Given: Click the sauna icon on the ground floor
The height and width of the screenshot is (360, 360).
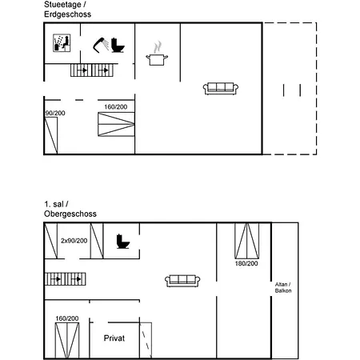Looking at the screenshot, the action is (62, 43).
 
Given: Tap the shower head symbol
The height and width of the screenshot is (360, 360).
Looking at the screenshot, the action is (101, 46).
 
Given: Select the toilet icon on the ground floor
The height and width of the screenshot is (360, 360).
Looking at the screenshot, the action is (118, 46).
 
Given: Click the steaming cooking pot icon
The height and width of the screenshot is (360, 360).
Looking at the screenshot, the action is (157, 54).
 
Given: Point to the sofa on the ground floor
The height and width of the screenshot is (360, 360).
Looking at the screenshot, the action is (221, 88).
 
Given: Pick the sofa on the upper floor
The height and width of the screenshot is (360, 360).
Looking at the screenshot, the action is (182, 281).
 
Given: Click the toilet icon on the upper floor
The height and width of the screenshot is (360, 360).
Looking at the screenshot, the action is (123, 242).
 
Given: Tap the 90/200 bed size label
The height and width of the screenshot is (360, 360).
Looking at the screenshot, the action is (55, 113).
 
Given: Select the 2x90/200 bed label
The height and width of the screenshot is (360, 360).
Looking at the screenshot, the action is (74, 241).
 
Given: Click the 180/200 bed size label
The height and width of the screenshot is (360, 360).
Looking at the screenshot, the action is (246, 264).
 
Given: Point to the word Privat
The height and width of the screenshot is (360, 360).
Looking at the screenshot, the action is (114, 338).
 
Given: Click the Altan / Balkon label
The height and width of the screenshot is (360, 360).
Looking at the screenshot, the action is (283, 287).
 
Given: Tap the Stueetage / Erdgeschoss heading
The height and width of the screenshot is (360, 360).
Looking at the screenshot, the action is (67, 10).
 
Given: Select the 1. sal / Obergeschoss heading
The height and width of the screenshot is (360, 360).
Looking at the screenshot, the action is (70, 209).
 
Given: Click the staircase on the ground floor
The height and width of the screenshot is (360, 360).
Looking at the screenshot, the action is (92, 70).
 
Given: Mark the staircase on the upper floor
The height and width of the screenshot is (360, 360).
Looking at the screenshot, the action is (66, 279).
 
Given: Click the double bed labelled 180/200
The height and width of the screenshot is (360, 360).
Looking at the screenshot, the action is (247, 241).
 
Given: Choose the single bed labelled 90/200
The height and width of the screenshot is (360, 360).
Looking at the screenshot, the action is (51, 135).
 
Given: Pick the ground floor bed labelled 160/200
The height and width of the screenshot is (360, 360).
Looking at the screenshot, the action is (116, 124).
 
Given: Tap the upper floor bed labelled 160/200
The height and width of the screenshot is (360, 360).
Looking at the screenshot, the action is (67, 341).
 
